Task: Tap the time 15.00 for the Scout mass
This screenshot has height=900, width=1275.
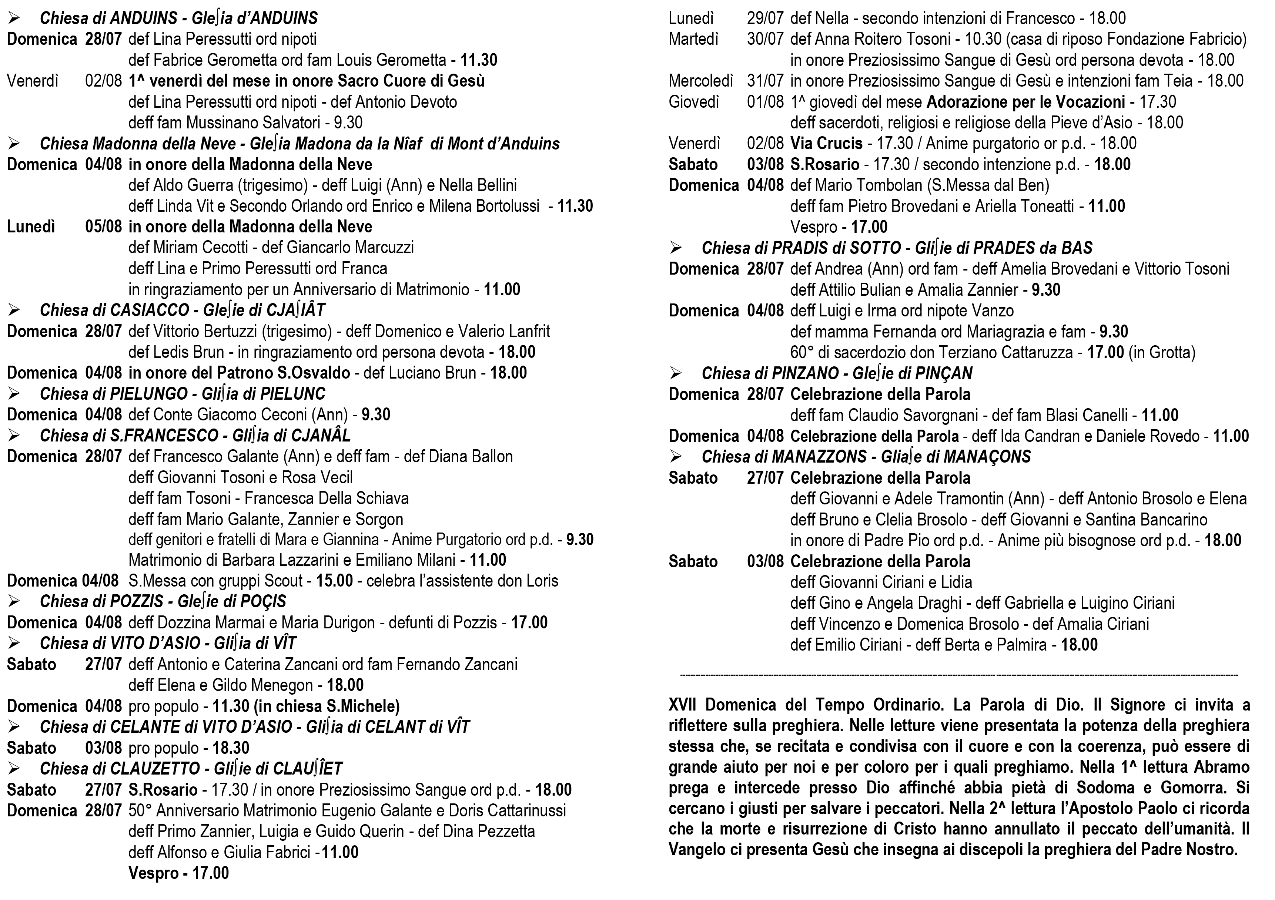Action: pyautogui.click(x=334, y=581)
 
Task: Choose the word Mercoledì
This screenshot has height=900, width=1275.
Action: pyautogui.click(x=701, y=81)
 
